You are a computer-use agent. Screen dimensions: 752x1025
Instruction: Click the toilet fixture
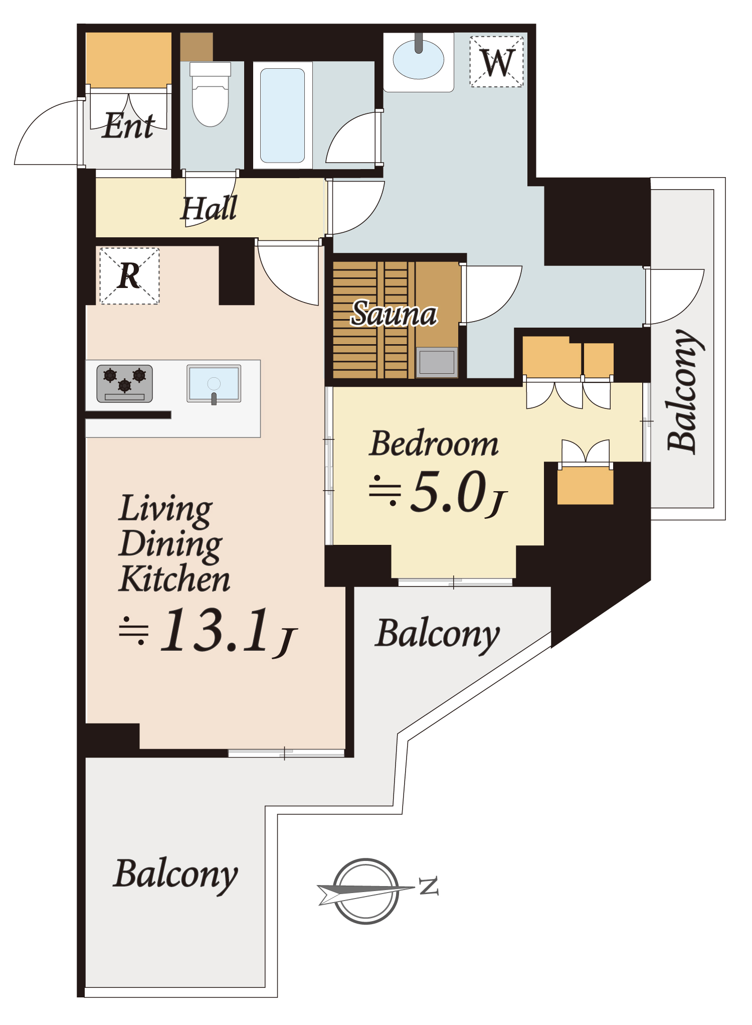click(211, 94)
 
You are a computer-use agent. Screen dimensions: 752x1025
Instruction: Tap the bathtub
click(283, 115)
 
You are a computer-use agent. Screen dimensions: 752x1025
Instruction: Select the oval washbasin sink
click(419, 60)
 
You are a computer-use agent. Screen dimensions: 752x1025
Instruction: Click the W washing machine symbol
click(497, 62)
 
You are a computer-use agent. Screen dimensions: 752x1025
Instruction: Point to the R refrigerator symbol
click(129, 275)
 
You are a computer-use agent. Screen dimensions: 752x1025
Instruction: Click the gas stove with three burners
click(124, 384)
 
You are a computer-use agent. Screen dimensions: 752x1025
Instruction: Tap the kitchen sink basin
click(214, 384)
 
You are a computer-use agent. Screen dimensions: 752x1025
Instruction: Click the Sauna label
click(394, 314)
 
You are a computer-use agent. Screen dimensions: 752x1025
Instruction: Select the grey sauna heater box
click(437, 362)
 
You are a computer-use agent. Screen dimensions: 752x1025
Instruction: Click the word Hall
click(209, 208)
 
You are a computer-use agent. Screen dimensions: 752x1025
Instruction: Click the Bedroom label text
click(434, 444)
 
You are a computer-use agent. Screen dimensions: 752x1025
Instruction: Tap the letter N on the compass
click(429, 886)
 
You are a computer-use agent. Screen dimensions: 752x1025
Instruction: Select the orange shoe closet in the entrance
click(128, 60)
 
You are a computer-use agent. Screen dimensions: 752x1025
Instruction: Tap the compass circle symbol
click(366, 891)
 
